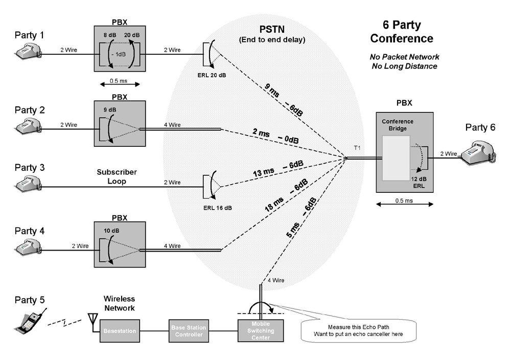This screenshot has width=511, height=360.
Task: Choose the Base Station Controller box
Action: coord(187,331)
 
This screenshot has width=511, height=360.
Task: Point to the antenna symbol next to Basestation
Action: coord(92,319)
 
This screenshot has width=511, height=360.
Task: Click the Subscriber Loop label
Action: coord(117,176)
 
